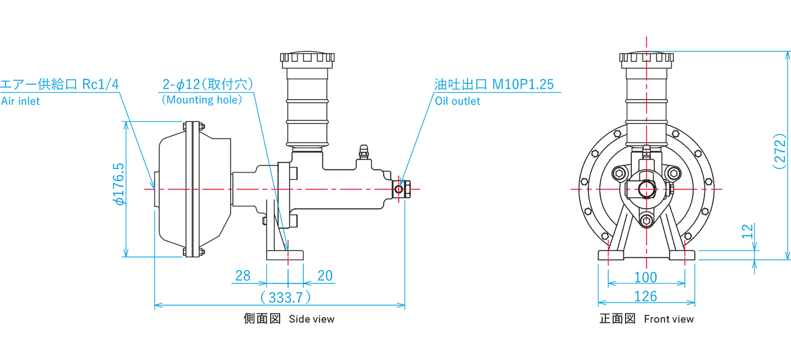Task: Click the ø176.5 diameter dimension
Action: point(119,184)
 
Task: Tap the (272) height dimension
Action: point(779,151)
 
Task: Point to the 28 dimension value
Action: point(243,276)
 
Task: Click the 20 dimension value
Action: point(325,276)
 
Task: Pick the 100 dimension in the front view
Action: point(645,277)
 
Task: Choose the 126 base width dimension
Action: point(645,296)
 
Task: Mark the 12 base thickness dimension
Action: point(747,231)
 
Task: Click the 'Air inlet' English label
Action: point(20,102)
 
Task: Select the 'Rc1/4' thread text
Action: point(101,84)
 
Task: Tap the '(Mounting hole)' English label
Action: point(201,100)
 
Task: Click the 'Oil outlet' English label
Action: point(457,101)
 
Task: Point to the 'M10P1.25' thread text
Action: point(523,84)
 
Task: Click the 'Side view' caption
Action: point(312,319)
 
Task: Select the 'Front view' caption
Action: point(669,319)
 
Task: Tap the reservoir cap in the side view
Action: point(307,58)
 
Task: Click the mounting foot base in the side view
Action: point(285,255)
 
